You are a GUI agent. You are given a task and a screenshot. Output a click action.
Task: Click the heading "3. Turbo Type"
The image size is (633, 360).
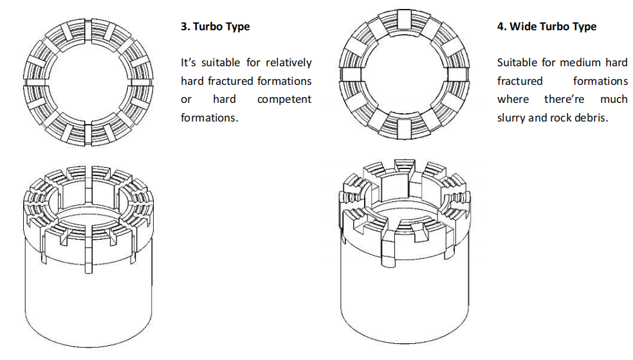coord(215,27)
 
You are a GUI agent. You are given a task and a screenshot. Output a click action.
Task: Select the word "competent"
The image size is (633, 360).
coord(284,100)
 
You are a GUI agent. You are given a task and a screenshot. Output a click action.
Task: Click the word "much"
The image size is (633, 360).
coord(614,100)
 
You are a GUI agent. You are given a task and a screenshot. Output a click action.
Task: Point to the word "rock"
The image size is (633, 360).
coord(560,118)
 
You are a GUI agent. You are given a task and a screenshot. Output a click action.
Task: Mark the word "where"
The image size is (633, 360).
coord(513,100)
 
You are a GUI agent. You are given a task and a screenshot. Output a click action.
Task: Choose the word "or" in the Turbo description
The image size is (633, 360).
coord(186,100)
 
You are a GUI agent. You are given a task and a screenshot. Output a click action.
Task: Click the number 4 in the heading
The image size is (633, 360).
coord(500,27)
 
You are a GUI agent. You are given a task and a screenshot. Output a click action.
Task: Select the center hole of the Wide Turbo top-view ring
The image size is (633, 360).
coord(403,76)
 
